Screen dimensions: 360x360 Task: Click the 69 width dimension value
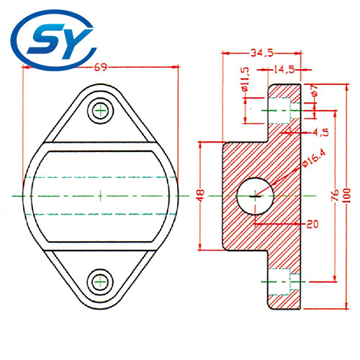101,68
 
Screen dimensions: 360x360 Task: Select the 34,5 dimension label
261,53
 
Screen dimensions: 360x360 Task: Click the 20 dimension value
311,224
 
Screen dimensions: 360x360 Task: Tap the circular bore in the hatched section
256,194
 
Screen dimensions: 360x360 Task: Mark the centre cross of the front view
100,194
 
